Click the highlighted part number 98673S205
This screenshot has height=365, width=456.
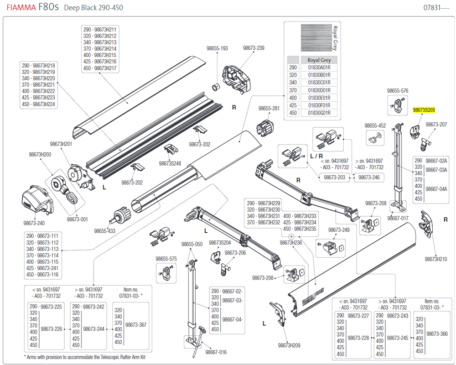[x=424, y=110]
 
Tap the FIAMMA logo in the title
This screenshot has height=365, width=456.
[x=18, y=7]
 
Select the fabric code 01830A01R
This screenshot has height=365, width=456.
[x=319, y=68]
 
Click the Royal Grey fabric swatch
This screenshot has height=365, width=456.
[x=315, y=37]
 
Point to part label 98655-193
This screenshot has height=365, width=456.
[x=218, y=48]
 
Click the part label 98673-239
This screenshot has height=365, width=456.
[x=254, y=48]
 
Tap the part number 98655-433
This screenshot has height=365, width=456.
[x=105, y=231]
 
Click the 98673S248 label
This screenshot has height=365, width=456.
[x=170, y=163]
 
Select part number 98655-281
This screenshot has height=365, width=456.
[x=269, y=108]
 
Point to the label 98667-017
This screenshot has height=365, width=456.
[x=398, y=218]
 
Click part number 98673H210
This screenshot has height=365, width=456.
[x=436, y=259]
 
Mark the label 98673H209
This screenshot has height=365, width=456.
[x=289, y=345]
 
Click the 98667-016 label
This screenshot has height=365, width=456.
[x=216, y=352]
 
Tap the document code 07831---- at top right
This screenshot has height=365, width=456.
[x=436, y=8]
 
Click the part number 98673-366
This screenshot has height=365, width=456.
[x=437, y=334]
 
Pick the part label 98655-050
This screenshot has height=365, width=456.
[x=192, y=244]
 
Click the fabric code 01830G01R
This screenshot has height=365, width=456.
[x=319, y=113]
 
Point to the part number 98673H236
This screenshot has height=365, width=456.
[x=291, y=243]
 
